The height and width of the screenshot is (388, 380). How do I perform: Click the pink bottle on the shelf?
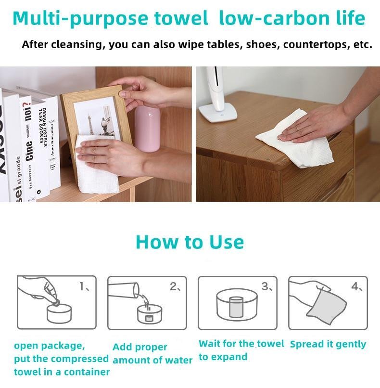click(147, 129)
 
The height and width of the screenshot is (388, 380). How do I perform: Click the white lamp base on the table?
click(218, 112)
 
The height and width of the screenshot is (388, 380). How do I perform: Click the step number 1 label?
click(84, 286)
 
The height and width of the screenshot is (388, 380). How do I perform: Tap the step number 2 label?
click(175, 286)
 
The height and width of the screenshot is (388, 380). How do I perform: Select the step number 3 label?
click(267, 286)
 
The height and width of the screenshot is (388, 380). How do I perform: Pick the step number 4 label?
click(357, 286)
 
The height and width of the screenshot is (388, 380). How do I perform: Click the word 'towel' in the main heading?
click(181, 18)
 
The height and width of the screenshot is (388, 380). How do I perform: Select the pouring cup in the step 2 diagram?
click(124, 290)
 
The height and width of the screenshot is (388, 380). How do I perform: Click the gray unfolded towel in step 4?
click(326, 306)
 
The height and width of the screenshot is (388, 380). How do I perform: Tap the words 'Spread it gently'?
click(328, 344)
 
